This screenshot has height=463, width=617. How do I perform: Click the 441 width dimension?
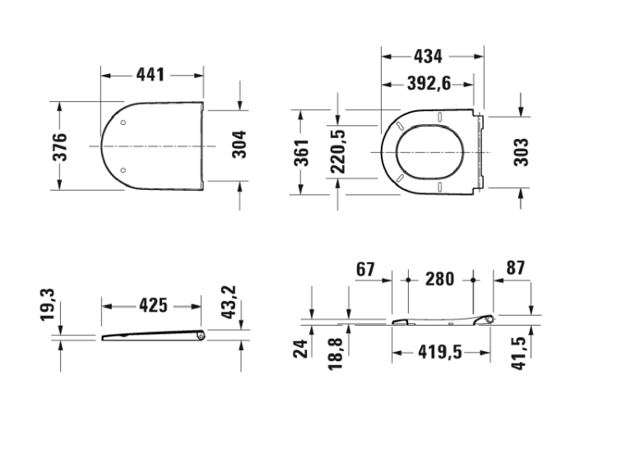point(151,75)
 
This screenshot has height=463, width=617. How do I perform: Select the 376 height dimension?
point(60,147)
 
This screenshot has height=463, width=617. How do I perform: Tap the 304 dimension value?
point(239,145)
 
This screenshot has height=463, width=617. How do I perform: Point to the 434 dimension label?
point(428,57)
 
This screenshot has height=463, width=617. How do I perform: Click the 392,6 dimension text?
point(429,83)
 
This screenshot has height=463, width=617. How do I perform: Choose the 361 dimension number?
point(302,153)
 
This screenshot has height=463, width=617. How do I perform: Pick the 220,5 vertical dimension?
point(337,152)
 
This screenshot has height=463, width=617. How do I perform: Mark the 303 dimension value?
point(522,152)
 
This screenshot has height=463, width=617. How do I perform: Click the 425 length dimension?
point(154,305)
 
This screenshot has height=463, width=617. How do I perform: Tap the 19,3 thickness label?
point(48,304)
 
